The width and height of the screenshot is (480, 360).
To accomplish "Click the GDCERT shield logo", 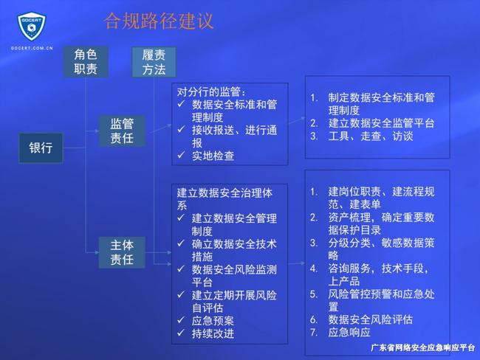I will click(x=32, y=27).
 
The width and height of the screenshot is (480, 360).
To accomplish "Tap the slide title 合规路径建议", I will click(x=159, y=21).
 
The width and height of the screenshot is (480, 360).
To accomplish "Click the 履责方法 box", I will click(x=154, y=62).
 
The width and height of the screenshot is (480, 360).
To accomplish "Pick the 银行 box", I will click(x=41, y=148).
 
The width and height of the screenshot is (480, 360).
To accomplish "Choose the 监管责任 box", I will click(x=122, y=131).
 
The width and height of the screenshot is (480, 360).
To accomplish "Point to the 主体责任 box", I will click(x=122, y=252).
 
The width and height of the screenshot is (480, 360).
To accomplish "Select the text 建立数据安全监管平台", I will click(x=381, y=123).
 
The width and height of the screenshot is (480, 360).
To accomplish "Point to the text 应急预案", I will click(x=212, y=321).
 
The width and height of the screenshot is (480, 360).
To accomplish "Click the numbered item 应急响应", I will click(x=350, y=333).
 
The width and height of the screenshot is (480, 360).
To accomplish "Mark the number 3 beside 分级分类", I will click(x=313, y=242).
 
